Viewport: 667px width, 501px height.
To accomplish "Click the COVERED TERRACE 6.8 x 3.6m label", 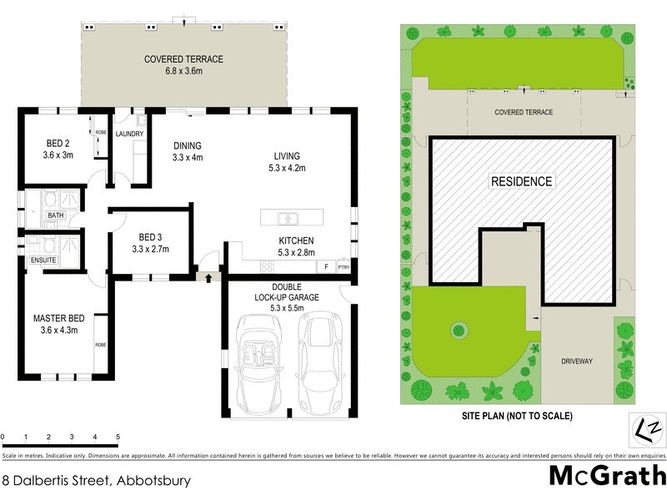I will (x=183, y=65).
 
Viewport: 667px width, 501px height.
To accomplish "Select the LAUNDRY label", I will (x=130, y=134).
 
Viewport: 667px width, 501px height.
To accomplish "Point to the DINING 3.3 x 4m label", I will (x=188, y=151).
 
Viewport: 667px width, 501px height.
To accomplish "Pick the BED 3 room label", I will (x=151, y=242).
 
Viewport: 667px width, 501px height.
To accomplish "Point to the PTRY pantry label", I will (x=343, y=267).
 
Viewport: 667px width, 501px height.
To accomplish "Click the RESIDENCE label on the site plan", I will (x=520, y=181).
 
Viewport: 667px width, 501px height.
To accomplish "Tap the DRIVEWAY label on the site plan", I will (x=576, y=361).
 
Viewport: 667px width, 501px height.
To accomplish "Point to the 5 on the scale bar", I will (x=118, y=437).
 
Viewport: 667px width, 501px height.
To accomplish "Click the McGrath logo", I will (x=606, y=475).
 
